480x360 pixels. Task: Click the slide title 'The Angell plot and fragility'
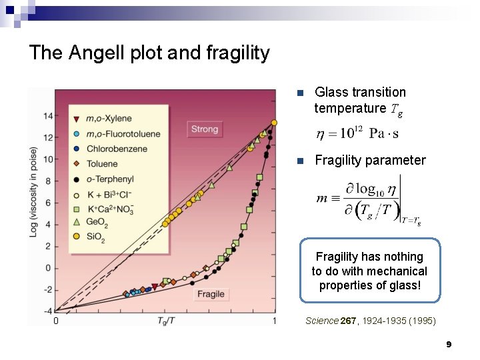coord(149,53)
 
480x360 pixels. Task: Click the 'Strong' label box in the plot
coord(204,129)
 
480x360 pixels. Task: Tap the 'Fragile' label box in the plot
coord(211,294)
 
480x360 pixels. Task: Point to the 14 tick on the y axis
coord(48,116)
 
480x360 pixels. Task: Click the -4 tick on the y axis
coord(48,311)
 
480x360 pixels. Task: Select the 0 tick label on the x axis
coord(56,321)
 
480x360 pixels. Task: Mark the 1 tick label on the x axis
coord(274,321)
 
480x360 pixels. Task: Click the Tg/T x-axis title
coord(167,321)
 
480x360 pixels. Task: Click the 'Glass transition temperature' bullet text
coord(360,100)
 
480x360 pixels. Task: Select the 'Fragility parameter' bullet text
coord(369,160)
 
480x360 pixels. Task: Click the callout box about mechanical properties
coord(369,271)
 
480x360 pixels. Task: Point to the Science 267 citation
coord(371,321)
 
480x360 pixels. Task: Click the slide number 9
coord(449,344)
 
